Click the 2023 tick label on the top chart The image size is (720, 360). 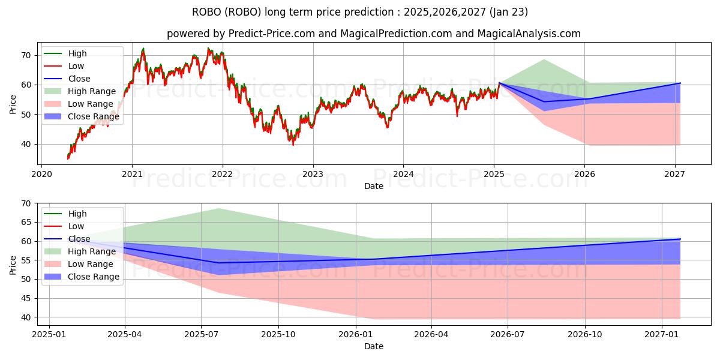pos(313,175)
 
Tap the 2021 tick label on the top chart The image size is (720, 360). pos(132,175)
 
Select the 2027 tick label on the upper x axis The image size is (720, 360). pos(676,175)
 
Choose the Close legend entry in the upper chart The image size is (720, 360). pos(79,79)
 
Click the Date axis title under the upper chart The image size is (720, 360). pos(373,186)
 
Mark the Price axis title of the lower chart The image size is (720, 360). pos(13,264)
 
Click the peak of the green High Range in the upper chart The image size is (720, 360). pos(544,59)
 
